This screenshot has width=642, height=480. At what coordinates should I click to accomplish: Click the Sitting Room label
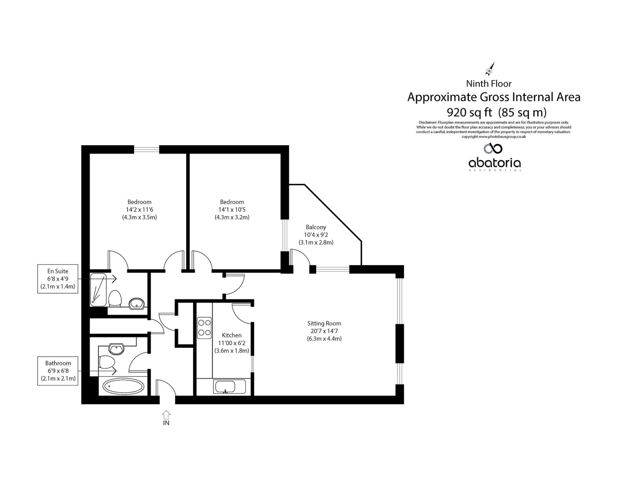(324, 323)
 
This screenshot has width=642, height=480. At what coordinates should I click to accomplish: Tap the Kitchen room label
(231, 335)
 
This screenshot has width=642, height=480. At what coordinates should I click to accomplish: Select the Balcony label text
(316, 227)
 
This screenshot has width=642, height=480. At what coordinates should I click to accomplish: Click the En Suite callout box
(58, 279)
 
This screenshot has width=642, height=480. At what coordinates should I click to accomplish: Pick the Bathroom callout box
(58, 371)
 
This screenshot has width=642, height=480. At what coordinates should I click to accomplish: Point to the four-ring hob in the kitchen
(204, 328)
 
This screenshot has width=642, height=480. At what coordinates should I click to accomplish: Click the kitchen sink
(230, 387)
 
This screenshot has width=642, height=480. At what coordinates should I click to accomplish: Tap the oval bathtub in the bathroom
(124, 387)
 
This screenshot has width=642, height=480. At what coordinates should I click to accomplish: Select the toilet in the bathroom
(107, 362)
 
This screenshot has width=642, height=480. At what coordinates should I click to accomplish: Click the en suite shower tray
(98, 290)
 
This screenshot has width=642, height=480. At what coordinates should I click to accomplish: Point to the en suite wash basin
(137, 303)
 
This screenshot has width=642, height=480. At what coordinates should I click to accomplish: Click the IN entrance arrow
(166, 414)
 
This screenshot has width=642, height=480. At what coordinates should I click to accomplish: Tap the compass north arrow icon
(490, 69)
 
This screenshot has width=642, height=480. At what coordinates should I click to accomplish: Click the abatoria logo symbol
(493, 148)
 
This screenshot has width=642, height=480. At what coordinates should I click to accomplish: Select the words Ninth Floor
(489, 84)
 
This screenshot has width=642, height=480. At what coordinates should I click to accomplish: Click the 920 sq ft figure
(469, 112)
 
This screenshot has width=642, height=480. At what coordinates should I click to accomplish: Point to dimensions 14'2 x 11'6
(139, 210)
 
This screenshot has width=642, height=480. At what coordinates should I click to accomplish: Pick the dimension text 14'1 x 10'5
(232, 210)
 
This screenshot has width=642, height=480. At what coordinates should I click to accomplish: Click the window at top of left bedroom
(146, 149)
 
